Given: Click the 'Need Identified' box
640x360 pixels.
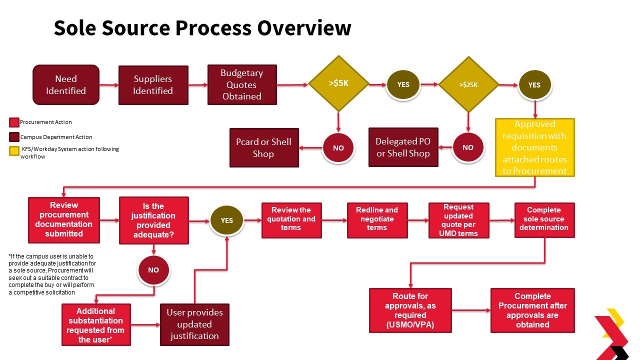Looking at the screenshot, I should click(66, 85).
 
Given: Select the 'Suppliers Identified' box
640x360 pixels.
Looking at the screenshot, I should click(153, 85).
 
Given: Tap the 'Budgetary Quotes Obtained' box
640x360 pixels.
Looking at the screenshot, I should click(242, 84).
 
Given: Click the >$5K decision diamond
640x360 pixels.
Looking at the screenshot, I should click(338, 84).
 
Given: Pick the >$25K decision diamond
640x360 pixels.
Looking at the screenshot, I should click(468, 84).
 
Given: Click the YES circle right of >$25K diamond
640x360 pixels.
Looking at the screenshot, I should click(534, 85).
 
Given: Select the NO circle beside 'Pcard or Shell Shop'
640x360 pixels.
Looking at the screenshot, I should click(338, 148).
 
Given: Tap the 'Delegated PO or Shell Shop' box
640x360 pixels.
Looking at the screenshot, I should click(403, 147).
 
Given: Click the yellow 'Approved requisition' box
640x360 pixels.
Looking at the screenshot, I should click(535, 147).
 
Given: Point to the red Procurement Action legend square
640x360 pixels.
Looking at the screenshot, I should click(14, 122).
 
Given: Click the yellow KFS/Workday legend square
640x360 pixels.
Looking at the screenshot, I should click(14, 150).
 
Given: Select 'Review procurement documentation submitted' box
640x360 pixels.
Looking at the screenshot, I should click(63, 219).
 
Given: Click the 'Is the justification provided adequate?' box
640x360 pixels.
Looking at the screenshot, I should click(153, 220).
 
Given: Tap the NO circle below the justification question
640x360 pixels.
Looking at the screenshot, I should click(153, 270).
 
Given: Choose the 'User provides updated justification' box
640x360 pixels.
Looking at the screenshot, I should click(194, 324).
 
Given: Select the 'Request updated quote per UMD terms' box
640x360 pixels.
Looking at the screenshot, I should click(458, 220).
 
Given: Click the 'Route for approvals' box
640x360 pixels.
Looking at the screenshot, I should click(410, 310).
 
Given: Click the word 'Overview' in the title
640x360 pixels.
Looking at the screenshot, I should click(304, 28).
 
